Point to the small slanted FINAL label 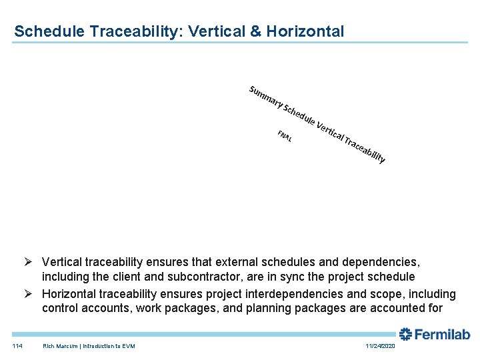pos(285,137)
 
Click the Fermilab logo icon pos(405,334)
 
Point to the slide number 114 pos(17,345)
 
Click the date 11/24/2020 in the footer pos(380,345)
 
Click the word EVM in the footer pos(128,345)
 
